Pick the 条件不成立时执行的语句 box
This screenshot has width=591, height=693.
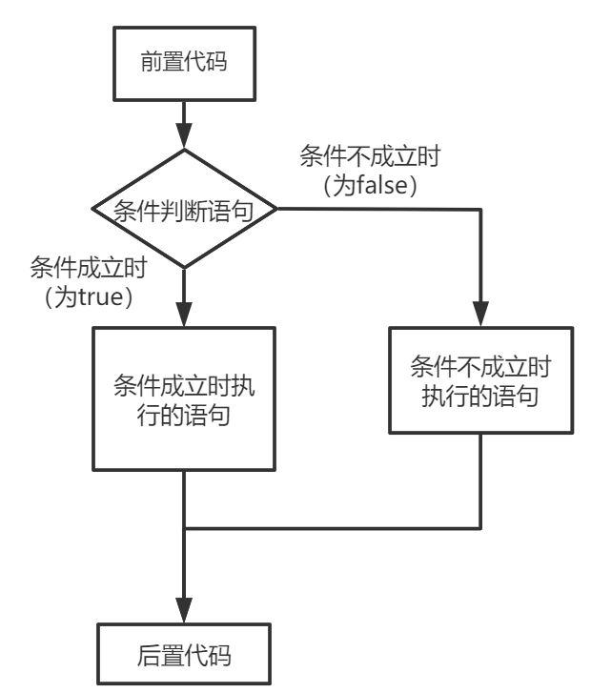[480, 381]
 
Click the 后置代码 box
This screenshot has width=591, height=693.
[184, 655]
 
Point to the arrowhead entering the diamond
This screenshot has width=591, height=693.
[184, 139]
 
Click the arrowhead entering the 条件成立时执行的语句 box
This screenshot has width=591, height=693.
[184, 316]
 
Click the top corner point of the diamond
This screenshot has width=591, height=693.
[184, 150]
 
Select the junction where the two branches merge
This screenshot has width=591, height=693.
[184, 527]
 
